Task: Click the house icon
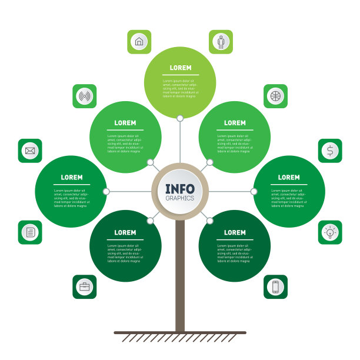(x=139, y=42)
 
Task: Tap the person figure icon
(x=221, y=42)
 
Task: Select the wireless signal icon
(x=84, y=96)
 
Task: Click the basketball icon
(x=275, y=96)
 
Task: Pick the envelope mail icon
(x=30, y=151)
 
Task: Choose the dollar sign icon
(x=330, y=151)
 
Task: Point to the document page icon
(x=30, y=232)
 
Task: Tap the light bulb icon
(x=330, y=232)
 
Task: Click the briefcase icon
(x=84, y=286)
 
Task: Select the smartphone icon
(x=275, y=286)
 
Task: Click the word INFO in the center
(x=180, y=188)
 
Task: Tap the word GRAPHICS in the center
(x=180, y=198)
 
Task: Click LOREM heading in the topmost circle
(x=180, y=68)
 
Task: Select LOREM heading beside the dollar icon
(x=289, y=177)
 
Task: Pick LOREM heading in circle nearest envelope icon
(x=72, y=177)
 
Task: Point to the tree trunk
(x=180, y=276)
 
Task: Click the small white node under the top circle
(x=180, y=118)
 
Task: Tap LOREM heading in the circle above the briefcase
(x=125, y=232)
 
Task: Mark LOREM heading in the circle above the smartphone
(x=235, y=232)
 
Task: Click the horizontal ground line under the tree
(x=180, y=332)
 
